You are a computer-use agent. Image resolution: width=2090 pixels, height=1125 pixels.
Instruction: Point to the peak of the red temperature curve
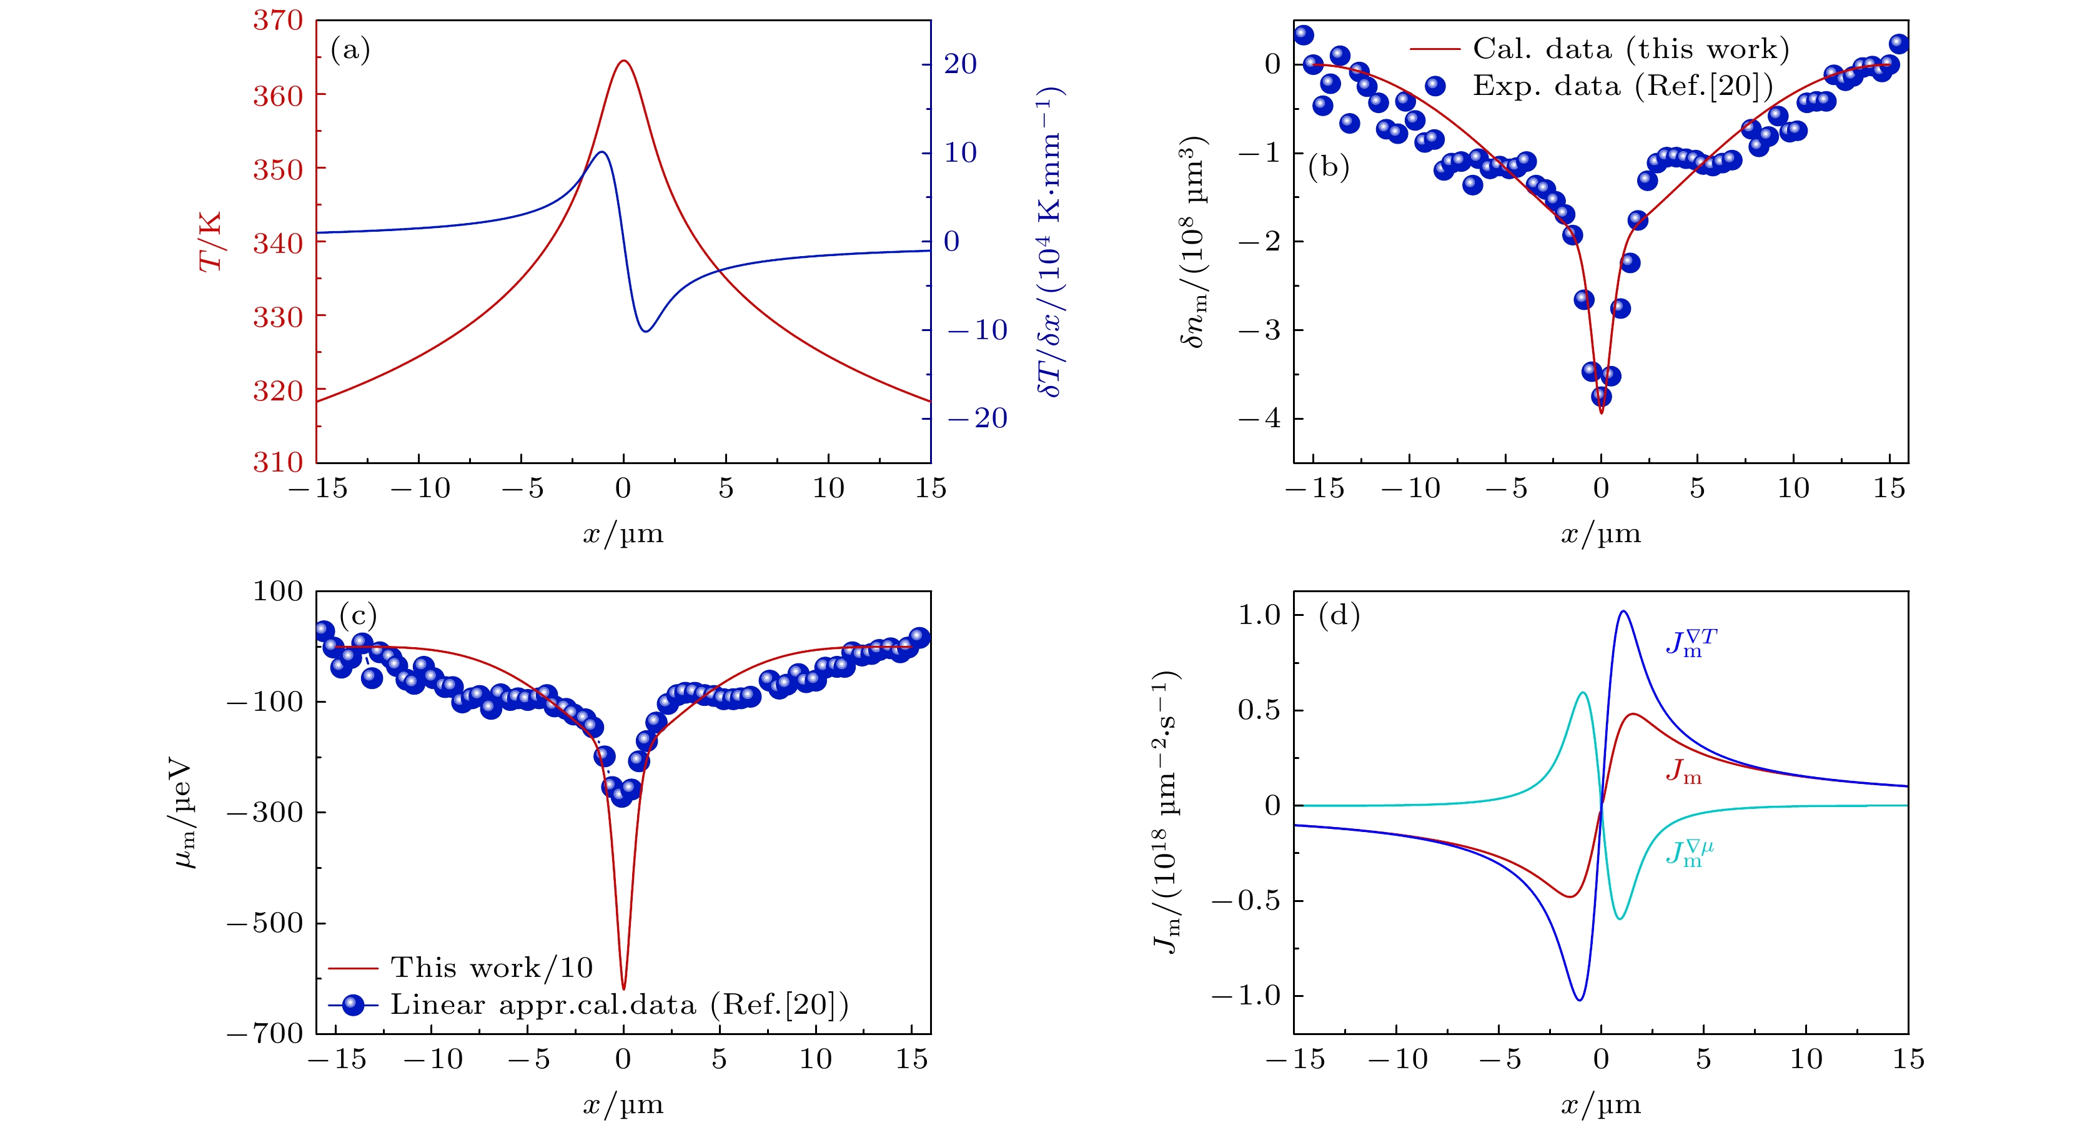coord(623,61)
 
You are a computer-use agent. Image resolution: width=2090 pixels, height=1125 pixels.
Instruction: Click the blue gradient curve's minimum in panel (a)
coord(646,331)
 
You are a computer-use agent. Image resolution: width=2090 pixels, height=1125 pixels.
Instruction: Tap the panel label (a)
coord(350,51)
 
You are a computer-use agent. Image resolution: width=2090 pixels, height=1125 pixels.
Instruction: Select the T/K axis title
coord(210,242)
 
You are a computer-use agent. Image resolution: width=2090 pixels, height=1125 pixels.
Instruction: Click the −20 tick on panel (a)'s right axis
coord(978,419)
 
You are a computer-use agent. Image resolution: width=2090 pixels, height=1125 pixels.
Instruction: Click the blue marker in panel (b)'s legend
coord(1435,86)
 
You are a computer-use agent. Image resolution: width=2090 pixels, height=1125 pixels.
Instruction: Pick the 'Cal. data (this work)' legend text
coord(1631,49)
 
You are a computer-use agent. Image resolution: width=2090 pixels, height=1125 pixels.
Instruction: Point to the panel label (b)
coord(1328,166)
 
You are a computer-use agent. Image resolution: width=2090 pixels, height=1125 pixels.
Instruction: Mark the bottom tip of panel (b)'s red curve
coord(1601,414)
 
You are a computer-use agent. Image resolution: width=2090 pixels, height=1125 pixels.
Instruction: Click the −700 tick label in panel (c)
coord(264,1033)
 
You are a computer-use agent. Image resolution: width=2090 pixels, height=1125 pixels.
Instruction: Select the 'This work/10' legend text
coord(492,968)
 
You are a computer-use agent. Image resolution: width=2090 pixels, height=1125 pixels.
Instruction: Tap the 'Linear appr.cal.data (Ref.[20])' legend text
coord(619,1005)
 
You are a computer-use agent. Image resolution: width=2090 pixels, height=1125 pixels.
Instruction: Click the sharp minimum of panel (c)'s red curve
coord(623,989)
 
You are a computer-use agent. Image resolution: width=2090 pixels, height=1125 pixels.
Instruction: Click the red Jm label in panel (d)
coord(1683,771)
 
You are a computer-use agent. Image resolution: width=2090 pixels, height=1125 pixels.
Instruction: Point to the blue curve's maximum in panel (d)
coord(1623,612)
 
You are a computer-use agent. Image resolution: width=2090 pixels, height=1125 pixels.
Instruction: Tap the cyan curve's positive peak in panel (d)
coord(1583,693)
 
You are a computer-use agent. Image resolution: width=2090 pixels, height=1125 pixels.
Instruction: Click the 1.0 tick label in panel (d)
coord(1259,615)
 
